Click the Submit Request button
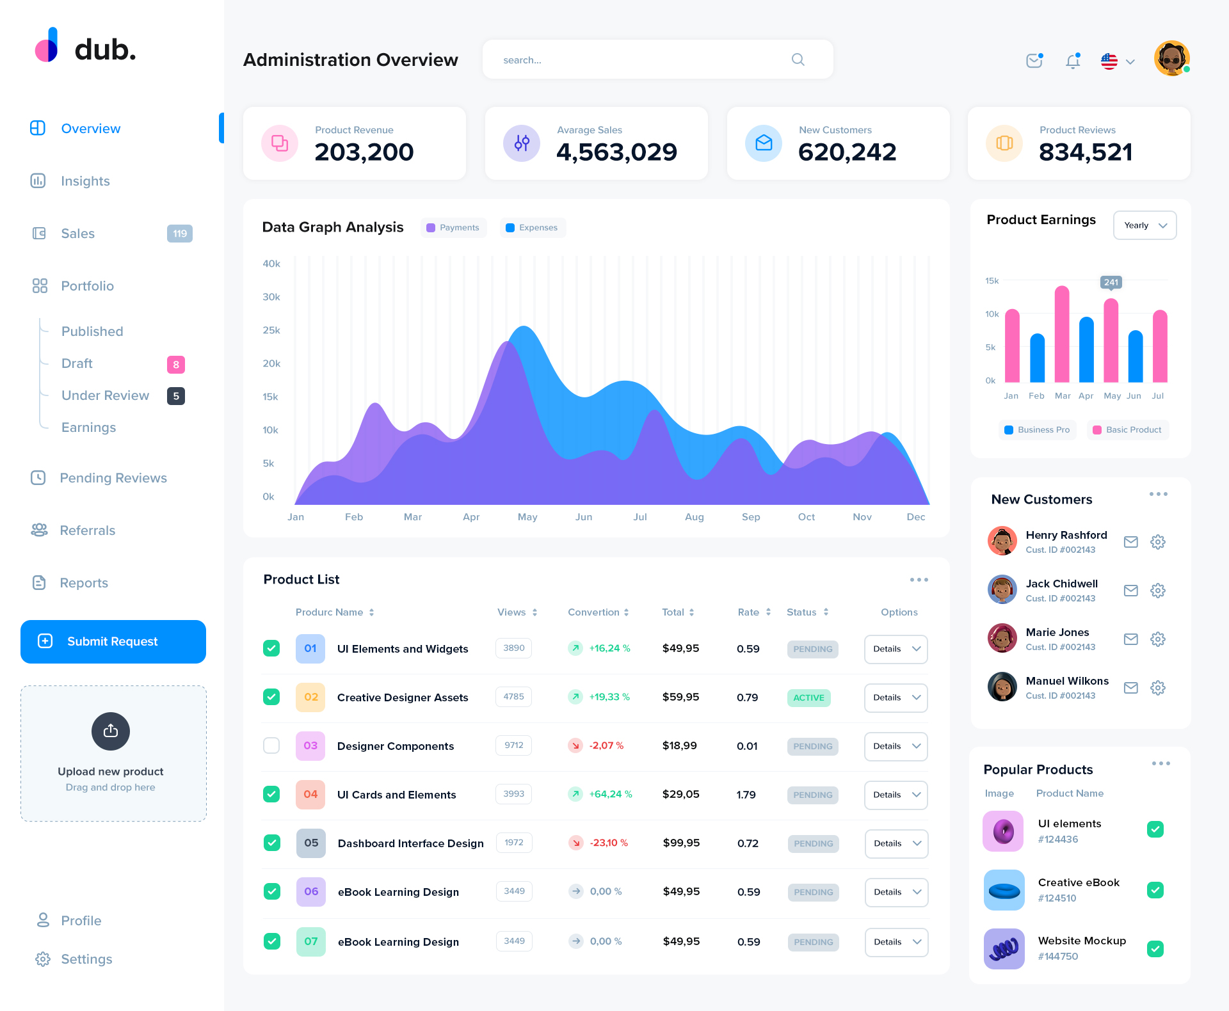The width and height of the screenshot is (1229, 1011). click(113, 641)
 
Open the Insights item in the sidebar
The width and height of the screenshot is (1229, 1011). click(85, 181)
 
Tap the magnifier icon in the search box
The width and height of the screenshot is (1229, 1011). click(798, 60)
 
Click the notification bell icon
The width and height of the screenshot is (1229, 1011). click(1073, 61)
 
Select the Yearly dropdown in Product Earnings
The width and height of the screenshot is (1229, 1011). click(1145, 225)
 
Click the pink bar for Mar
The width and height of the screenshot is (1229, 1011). click(1062, 334)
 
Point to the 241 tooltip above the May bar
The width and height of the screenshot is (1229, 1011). click(1111, 282)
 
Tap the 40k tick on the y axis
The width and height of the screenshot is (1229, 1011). click(271, 264)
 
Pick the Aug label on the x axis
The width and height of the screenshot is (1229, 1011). click(694, 517)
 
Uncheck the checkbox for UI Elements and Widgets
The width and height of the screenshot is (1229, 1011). click(271, 648)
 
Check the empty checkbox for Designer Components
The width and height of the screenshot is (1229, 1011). click(271, 745)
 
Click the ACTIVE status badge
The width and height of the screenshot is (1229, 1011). click(808, 697)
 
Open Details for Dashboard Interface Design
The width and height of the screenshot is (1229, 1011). click(896, 843)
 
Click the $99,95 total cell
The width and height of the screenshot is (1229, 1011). click(681, 843)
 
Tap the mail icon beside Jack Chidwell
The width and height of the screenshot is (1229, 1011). click(1131, 591)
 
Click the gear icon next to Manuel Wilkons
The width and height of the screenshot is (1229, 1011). click(1158, 688)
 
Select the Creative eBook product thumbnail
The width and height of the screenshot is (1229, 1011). click(1004, 890)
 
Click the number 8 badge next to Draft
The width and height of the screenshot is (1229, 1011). click(176, 365)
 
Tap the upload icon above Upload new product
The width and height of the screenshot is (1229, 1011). click(111, 731)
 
